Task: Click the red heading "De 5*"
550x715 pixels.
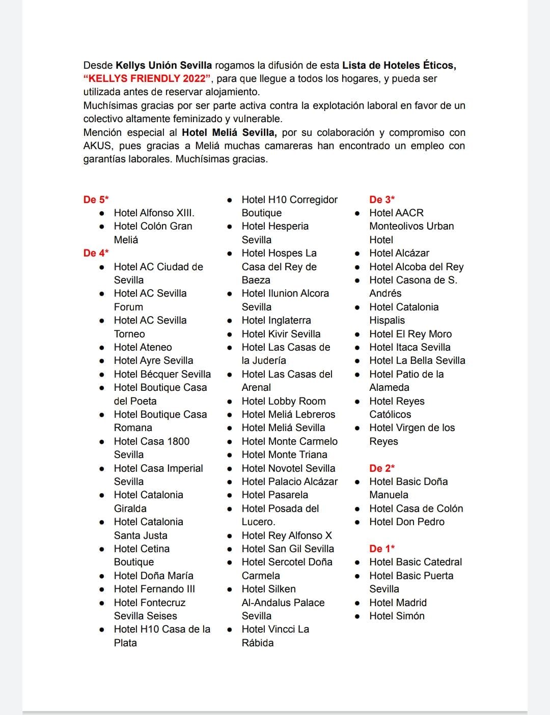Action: pyautogui.click(x=96, y=199)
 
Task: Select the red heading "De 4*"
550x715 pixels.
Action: pyautogui.click(x=96, y=253)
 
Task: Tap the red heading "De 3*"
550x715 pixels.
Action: pyautogui.click(x=382, y=199)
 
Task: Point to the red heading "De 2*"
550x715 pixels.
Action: pyautogui.click(x=382, y=468)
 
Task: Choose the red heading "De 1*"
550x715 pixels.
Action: pyautogui.click(x=382, y=549)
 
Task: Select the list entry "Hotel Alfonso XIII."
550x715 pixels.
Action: pyautogui.click(x=154, y=213)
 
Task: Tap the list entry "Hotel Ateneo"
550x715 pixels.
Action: pyautogui.click(x=143, y=347)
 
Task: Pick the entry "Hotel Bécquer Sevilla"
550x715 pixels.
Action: pyautogui.click(x=162, y=374)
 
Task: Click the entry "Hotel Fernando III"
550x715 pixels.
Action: pyautogui.click(x=154, y=589)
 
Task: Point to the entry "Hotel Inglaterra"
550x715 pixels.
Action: pyautogui.click(x=276, y=320)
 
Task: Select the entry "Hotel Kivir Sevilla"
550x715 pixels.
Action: pyautogui.click(x=281, y=334)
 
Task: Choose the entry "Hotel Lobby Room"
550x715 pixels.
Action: pyautogui.click(x=284, y=401)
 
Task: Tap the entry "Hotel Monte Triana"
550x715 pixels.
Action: pyautogui.click(x=284, y=454)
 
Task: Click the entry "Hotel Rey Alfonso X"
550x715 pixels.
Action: pyautogui.click(x=287, y=535)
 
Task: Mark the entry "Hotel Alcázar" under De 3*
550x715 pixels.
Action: pyautogui.click(x=399, y=253)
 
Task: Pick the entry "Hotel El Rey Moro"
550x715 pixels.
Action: pyautogui.click(x=410, y=334)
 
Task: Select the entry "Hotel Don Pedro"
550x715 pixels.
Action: pyautogui.click(x=407, y=522)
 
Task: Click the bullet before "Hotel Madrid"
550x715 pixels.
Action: pyautogui.click(x=358, y=603)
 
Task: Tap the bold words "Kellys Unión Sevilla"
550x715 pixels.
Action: pyautogui.click(x=163, y=65)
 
